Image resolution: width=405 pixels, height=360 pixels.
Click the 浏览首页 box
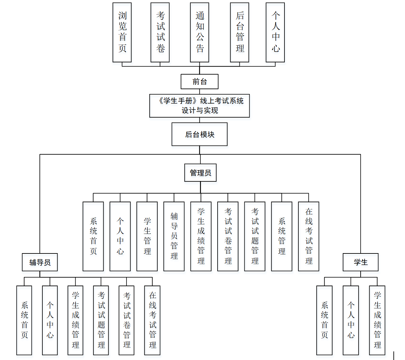[x=122, y=32]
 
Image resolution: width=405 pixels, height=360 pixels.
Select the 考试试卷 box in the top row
[x=160, y=32]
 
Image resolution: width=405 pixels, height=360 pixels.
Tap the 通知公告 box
[x=199, y=32]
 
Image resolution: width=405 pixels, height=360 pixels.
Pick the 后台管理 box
[x=239, y=32]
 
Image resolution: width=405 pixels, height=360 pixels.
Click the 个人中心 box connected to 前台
[x=275, y=32]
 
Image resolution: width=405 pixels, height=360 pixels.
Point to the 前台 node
[x=199, y=82]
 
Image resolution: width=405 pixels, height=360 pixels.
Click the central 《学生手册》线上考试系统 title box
[x=199, y=106]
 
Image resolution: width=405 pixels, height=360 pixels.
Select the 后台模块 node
[x=199, y=134]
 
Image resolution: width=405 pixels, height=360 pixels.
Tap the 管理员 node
[x=200, y=173]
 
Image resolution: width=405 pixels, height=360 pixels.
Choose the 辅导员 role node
[x=40, y=262]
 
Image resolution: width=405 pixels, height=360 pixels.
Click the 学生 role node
[x=360, y=262]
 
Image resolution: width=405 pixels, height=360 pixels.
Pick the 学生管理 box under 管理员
[x=147, y=236]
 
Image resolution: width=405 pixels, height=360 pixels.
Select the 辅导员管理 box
[x=174, y=236]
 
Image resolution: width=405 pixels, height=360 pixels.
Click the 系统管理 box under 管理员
[x=281, y=236]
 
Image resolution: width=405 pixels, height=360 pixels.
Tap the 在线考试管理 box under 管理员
[x=309, y=236]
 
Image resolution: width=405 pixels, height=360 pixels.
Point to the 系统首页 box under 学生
[x=324, y=320]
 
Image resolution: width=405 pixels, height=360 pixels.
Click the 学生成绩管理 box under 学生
[x=377, y=320]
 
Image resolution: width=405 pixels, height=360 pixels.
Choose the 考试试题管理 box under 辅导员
[x=101, y=320]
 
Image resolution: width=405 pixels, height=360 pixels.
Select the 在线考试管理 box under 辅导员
[x=152, y=320]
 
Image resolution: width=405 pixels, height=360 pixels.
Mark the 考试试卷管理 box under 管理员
[x=228, y=236]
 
